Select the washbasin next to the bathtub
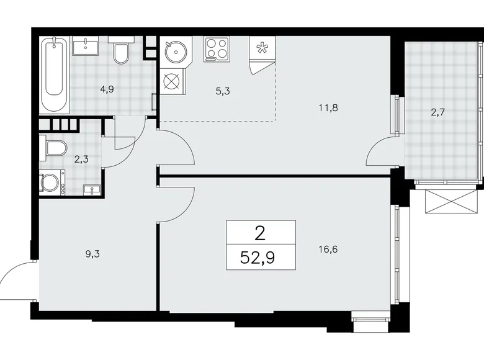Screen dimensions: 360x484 click(85, 46)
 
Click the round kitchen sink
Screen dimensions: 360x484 click(176, 50)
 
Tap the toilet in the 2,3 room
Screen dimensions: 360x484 click(55, 148)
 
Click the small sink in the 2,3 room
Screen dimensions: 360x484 click(91, 190)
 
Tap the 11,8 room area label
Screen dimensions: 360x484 click(328, 107)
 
